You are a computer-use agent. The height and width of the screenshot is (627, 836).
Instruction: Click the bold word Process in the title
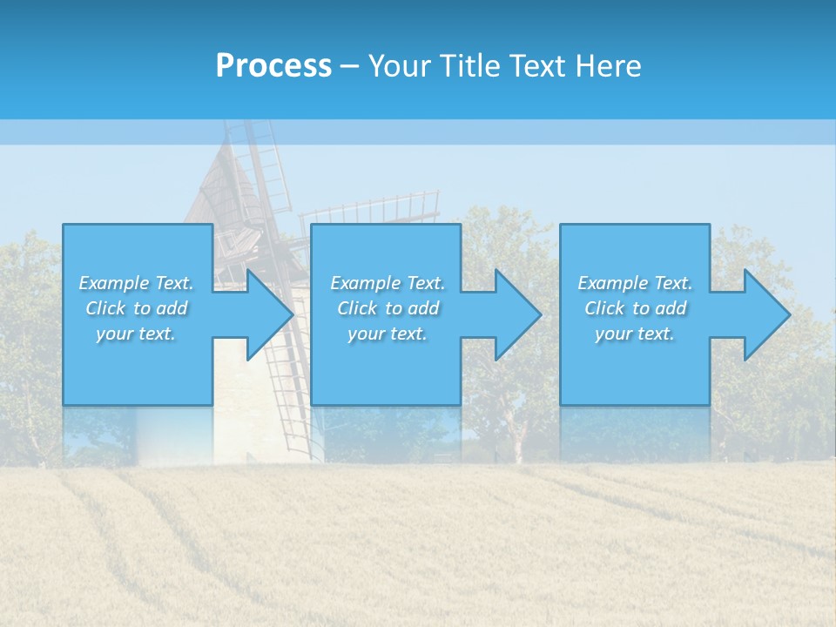click(273, 66)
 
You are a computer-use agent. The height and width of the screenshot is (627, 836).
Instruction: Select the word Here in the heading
click(608, 66)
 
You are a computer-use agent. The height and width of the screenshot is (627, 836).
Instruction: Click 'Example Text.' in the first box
click(136, 283)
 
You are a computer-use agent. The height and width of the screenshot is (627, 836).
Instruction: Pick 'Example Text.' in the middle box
click(388, 283)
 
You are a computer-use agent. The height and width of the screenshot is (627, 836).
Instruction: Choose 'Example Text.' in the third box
click(635, 283)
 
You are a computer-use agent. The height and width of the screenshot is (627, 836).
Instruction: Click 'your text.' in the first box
click(136, 334)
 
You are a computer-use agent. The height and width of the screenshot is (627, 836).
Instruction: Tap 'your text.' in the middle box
click(388, 334)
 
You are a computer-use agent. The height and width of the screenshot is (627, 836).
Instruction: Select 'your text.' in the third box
click(635, 334)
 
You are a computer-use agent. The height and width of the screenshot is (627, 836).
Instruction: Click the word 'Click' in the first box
click(105, 308)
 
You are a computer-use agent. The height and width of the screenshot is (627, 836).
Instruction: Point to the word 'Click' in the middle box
click(357, 308)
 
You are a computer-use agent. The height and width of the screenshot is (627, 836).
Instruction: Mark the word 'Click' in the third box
click(604, 308)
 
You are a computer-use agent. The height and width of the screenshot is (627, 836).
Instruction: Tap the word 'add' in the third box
click(671, 308)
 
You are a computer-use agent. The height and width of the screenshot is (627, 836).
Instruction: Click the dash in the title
click(349, 66)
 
